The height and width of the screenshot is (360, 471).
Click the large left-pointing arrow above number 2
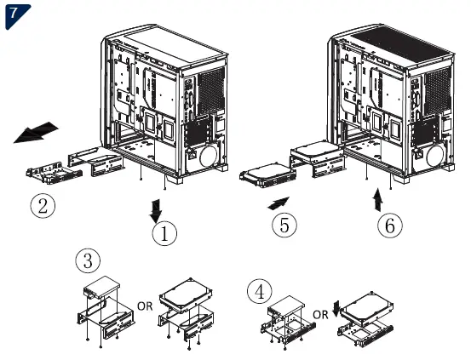click(x=37, y=133)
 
